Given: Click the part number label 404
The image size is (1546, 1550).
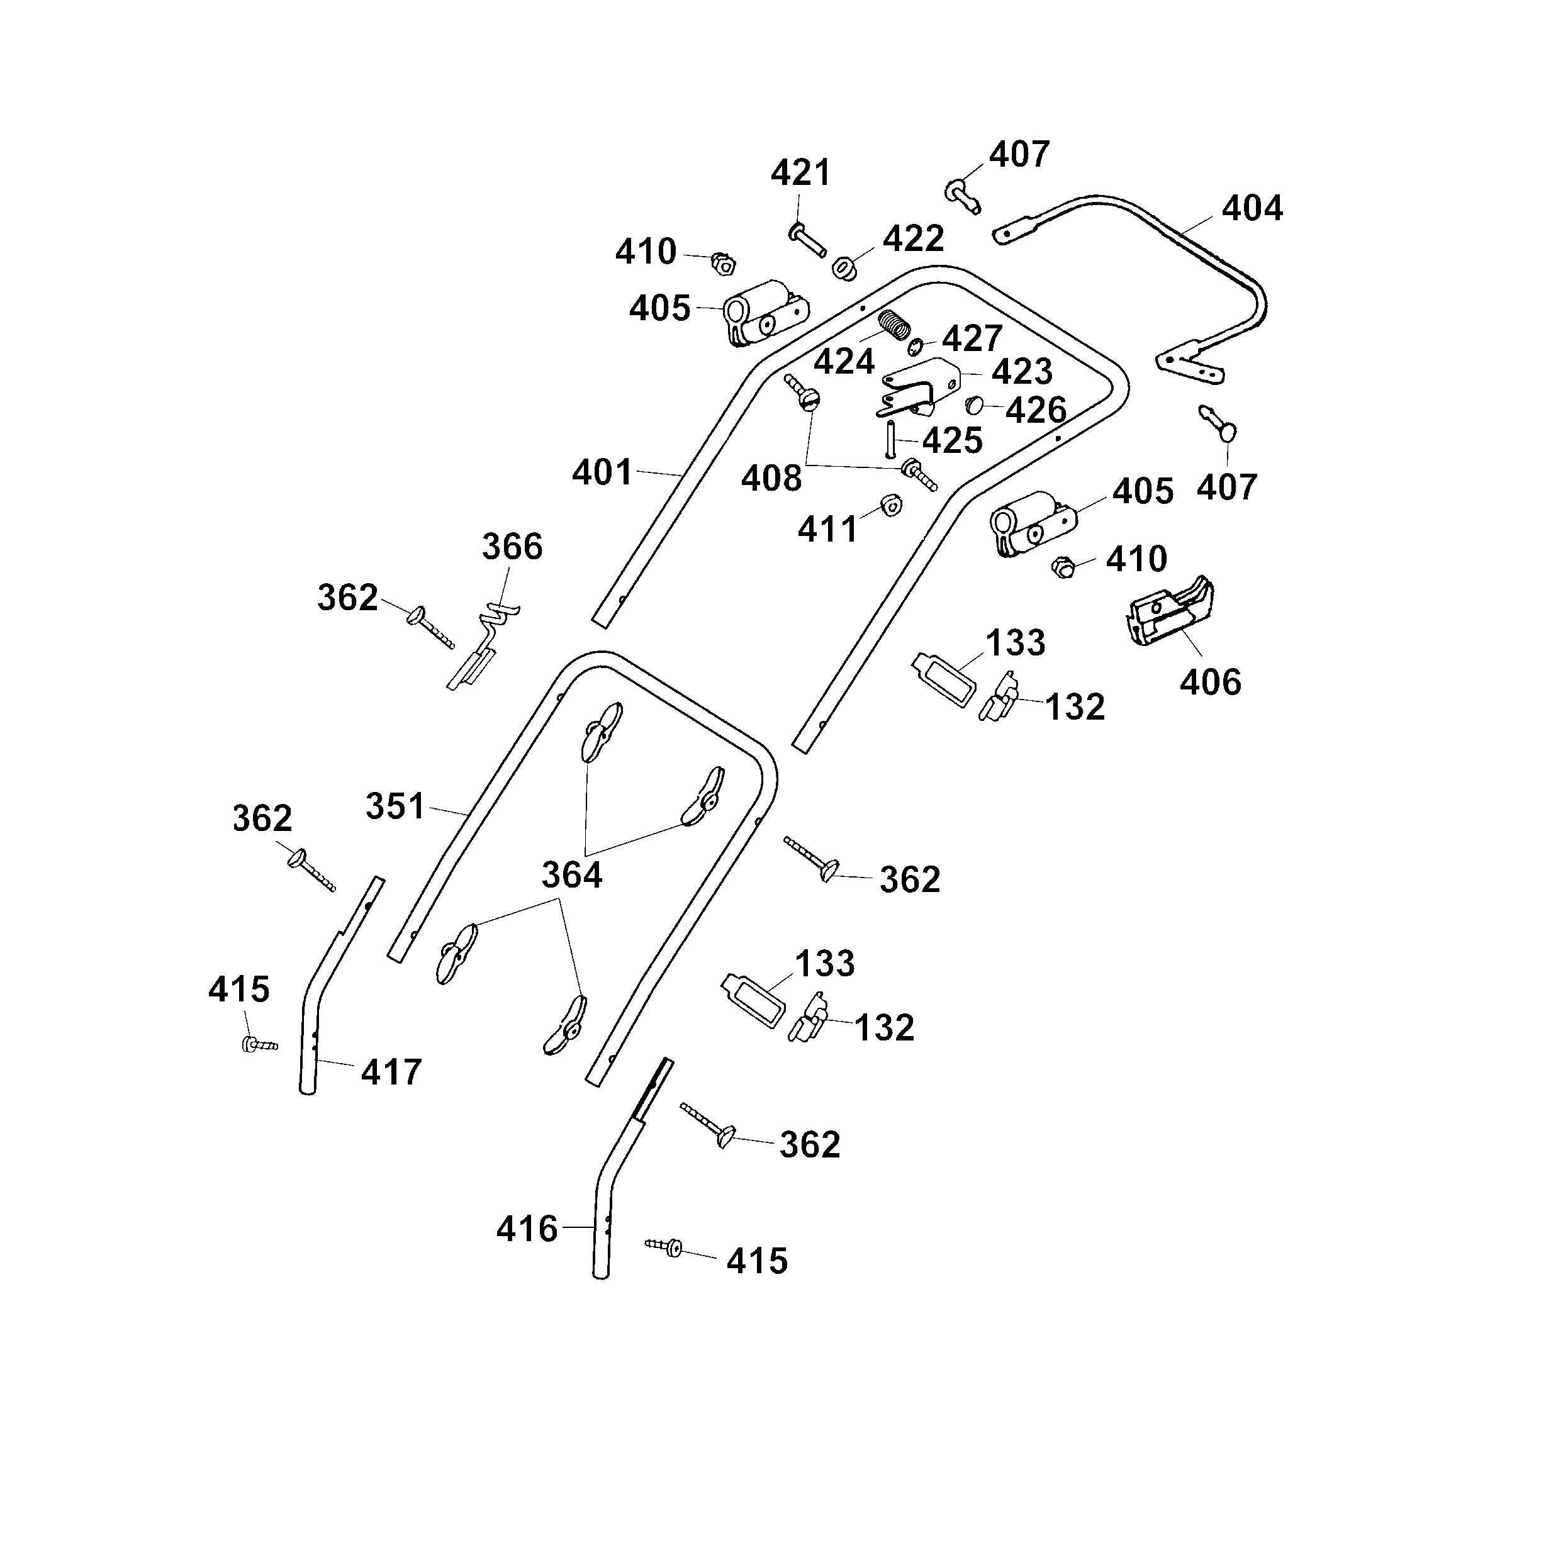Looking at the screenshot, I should coord(1252,209).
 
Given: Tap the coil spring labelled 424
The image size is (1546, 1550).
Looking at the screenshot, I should coord(895,325).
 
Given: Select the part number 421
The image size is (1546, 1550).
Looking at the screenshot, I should coord(800,173).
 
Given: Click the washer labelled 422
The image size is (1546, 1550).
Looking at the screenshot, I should coord(843,268).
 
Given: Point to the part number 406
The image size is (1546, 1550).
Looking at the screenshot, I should coord(1210,682).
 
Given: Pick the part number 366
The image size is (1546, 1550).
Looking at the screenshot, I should coord(512,547).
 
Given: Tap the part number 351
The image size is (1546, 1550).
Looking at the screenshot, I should coord(395,806).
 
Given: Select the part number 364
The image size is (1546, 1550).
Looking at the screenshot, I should coord(571,874).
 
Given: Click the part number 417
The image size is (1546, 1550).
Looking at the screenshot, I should coord(391,1072).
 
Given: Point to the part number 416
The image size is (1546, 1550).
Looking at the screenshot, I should coord(526,1229).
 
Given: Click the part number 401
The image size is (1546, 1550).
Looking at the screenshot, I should coord(602,472).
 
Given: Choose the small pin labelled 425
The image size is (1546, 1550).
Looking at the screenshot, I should coord(890,440).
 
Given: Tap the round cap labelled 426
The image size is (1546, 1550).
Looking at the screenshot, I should coord(974,404).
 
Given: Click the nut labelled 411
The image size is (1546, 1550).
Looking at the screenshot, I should coord(890,505).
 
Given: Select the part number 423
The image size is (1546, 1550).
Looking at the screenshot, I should coord(1021,371).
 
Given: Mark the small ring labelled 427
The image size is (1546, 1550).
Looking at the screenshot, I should coord(916,347).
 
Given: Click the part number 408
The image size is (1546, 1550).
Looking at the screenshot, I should coord(770,478).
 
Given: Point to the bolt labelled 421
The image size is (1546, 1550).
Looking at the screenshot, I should coord(807,239).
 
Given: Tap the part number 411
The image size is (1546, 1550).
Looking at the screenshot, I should coord(827,530).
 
